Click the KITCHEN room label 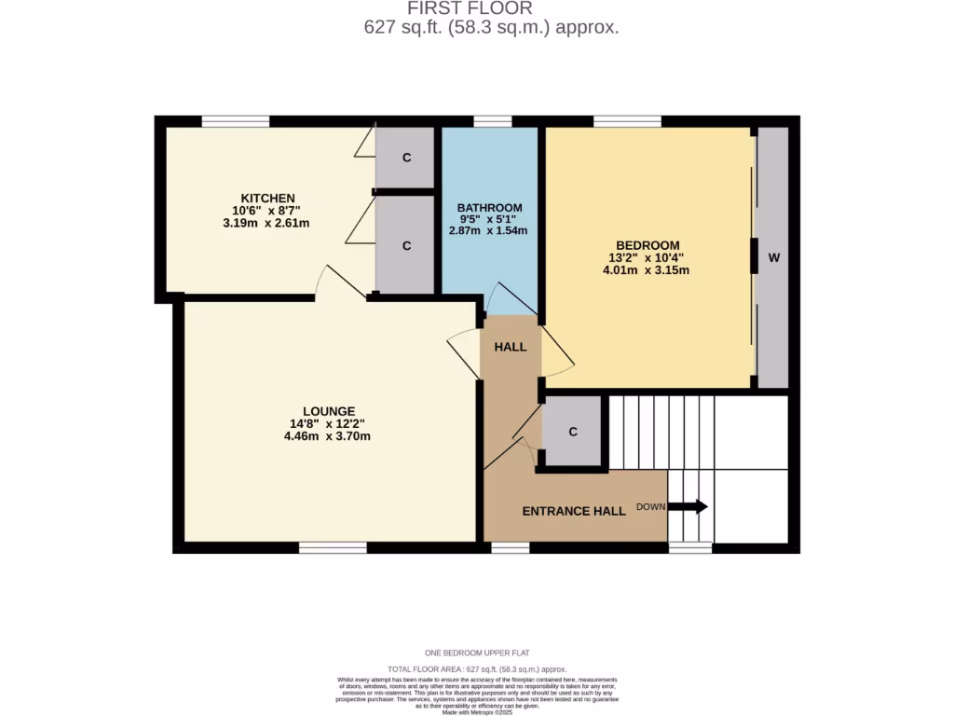pyautogui.click(x=268, y=198)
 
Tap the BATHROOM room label pyautogui.click(x=489, y=207)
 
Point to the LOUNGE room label pyautogui.click(x=328, y=410)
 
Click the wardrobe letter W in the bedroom pyautogui.click(x=772, y=258)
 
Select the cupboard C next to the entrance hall pyautogui.click(x=573, y=432)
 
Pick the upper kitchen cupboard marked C pyautogui.click(x=406, y=158)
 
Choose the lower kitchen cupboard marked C pyautogui.click(x=406, y=246)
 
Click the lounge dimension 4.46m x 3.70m pyautogui.click(x=328, y=435)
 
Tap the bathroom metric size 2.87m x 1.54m pyautogui.click(x=489, y=230)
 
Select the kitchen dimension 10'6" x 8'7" pyautogui.click(x=268, y=211)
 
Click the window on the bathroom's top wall pyautogui.click(x=492, y=121)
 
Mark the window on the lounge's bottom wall pyautogui.click(x=333, y=548)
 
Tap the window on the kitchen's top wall pyautogui.click(x=236, y=121)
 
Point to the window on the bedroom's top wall pyautogui.click(x=627, y=121)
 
